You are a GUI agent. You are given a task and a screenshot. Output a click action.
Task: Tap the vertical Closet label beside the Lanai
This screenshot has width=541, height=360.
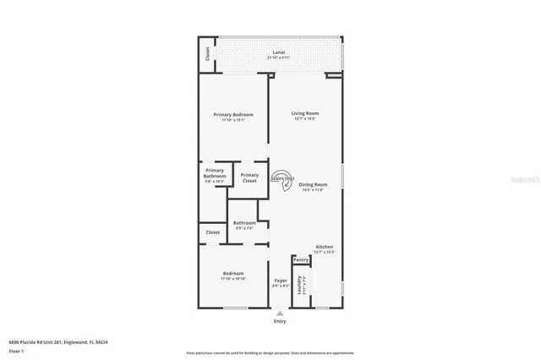207,54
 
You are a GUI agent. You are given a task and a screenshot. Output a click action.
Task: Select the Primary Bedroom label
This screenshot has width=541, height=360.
232,117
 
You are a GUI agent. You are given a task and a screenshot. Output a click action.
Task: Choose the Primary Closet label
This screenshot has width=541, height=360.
250,178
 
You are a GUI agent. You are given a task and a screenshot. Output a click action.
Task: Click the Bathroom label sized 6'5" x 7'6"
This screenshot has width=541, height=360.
244,225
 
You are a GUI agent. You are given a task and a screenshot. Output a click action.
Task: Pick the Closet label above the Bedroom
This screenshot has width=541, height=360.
212,232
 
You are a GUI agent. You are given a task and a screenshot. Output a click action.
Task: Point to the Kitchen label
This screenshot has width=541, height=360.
325,248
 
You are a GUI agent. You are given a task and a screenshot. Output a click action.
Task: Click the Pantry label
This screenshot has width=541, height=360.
301,260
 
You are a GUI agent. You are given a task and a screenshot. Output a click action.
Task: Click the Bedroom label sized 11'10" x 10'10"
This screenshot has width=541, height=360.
233,275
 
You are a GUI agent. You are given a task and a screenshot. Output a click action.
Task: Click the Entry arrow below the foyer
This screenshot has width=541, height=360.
280,313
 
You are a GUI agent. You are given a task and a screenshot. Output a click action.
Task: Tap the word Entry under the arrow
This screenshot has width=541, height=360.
280,321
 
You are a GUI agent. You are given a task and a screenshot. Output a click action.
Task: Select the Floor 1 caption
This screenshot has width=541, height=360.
16,351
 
